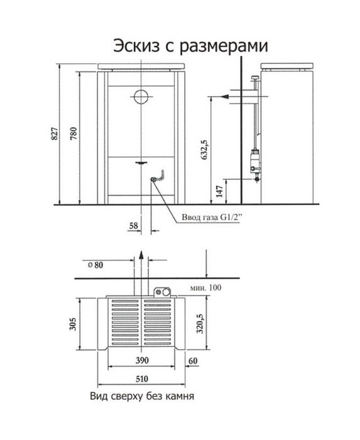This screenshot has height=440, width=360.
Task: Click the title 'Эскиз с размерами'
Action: (x=190, y=46)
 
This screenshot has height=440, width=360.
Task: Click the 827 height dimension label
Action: (x=55, y=134)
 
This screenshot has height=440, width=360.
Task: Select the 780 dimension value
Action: (x=73, y=134)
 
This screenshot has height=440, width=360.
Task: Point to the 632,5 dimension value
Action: (x=205, y=150)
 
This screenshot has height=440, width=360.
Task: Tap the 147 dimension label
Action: (x=220, y=191)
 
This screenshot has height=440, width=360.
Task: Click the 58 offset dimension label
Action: (x=134, y=225)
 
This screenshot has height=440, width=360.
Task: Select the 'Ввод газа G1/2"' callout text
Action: (x=211, y=217)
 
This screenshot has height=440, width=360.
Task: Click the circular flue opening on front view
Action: (x=141, y=97)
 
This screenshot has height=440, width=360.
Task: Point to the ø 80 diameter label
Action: (x=95, y=265)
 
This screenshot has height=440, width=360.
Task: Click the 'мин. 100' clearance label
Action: (x=205, y=288)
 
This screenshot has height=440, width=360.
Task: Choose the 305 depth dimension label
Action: (x=73, y=324)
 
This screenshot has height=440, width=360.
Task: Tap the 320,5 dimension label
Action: (x=200, y=324)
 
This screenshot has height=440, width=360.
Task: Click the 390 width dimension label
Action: (x=142, y=360)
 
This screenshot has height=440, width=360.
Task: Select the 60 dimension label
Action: (x=193, y=361)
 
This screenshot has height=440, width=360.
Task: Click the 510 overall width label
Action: (x=142, y=379)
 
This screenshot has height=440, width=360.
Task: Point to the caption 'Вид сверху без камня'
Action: (x=142, y=396)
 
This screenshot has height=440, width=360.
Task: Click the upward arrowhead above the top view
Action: (x=141, y=255)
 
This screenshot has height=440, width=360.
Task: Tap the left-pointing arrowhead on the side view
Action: (x=225, y=97)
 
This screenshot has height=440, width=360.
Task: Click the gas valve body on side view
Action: (x=255, y=162)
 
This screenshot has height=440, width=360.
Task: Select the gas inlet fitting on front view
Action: (x=154, y=179)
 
